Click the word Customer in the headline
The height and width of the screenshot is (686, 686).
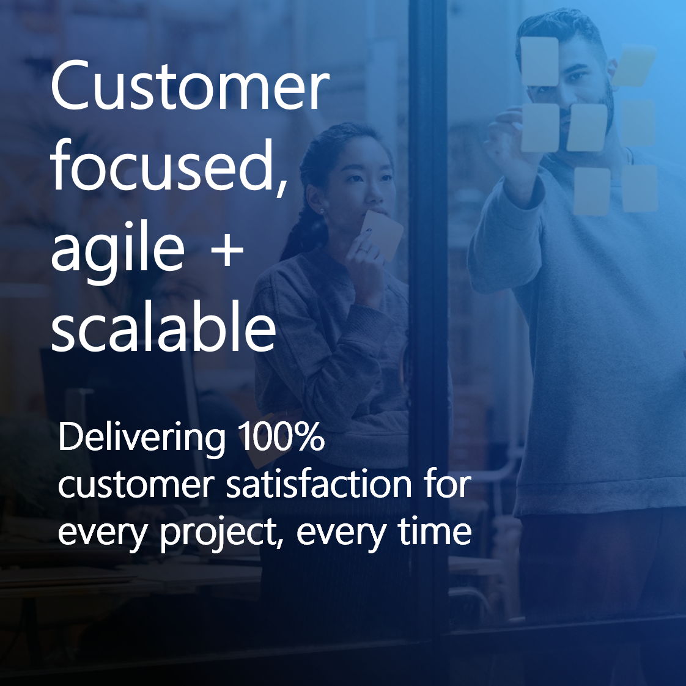(x=190, y=86)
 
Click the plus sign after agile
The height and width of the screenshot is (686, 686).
(x=227, y=250)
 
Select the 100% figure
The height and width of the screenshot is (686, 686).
(x=281, y=437)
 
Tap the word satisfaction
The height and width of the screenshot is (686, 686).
(x=319, y=484)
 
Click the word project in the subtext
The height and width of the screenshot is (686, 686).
(x=218, y=533)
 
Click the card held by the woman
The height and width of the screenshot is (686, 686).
(x=381, y=234)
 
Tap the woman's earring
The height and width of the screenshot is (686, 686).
(x=322, y=212)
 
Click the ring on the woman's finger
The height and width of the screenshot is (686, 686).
(x=364, y=249)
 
